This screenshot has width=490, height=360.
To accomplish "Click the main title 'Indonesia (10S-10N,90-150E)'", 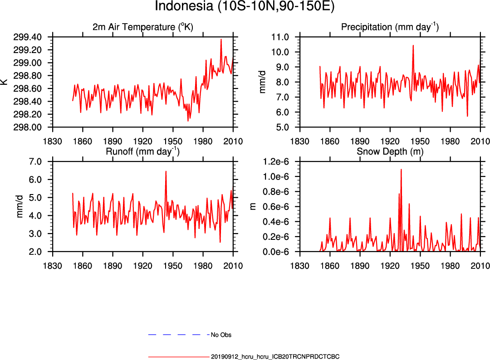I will coord(245,7).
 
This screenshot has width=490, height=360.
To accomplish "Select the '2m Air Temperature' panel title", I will coord(142,27).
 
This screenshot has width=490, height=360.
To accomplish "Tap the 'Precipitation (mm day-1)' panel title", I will coord(390,27).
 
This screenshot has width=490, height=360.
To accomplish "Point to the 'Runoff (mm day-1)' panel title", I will coord(142,152).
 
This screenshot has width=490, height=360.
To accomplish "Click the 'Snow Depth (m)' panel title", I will coord(390,152).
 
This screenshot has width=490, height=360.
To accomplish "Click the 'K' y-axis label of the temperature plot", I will coord(5,82).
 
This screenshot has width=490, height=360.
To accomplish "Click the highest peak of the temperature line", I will coord(221,39).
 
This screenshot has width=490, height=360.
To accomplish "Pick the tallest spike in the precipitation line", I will coord(413,45).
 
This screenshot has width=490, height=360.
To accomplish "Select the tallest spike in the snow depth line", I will coord(401,170).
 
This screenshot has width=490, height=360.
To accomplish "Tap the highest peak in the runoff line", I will coord(166,171).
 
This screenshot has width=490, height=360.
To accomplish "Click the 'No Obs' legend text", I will coord(221,335).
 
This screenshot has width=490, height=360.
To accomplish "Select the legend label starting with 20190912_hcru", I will coord(275,357).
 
